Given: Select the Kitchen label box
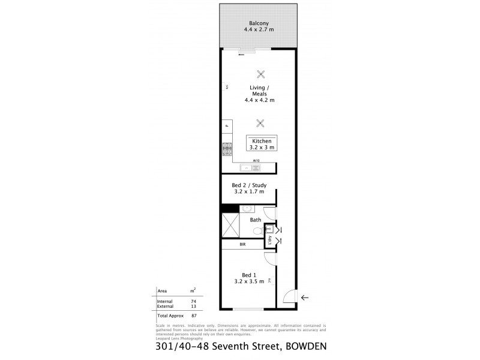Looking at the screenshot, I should (262, 143).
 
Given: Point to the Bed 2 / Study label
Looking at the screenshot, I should (248, 189).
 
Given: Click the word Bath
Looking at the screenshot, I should (256, 220).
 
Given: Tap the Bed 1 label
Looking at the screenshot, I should (248, 277).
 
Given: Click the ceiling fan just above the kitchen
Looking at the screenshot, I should (260, 124).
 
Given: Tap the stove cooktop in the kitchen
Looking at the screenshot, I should (227, 149).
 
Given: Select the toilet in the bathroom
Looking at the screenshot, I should (257, 231).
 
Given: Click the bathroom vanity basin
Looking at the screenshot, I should (246, 209).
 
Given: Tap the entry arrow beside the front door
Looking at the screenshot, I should (305, 297).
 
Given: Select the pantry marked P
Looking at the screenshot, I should (227, 126).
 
